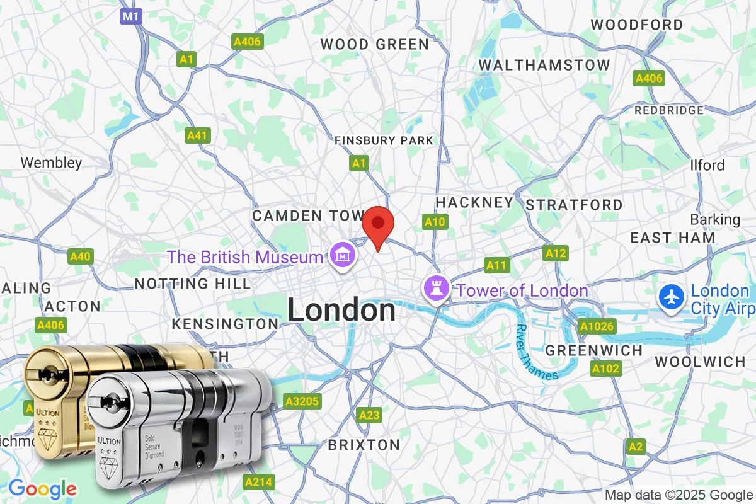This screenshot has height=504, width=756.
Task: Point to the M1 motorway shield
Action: (130, 16)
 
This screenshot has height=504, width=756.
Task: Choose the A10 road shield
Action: (435, 222)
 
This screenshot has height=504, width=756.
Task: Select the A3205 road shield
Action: (303, 401)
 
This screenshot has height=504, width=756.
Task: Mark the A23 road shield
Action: (369, 415)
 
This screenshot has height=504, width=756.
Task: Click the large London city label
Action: (342, 311)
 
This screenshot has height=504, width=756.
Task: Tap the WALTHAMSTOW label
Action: (544, 65)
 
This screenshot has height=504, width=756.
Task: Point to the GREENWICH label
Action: (594, 350)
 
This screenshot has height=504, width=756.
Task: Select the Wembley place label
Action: (51, 163)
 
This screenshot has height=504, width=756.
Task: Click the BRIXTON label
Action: (364, 445)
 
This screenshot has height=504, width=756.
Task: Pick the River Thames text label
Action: (536, 353)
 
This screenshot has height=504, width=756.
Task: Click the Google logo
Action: (42, 488)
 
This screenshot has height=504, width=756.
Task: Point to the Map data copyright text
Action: (679, 495)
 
